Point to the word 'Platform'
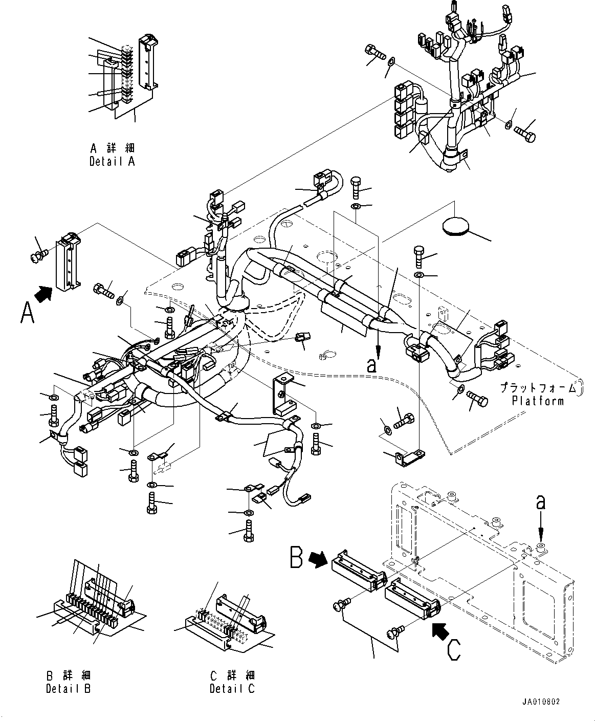[538, 401]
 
